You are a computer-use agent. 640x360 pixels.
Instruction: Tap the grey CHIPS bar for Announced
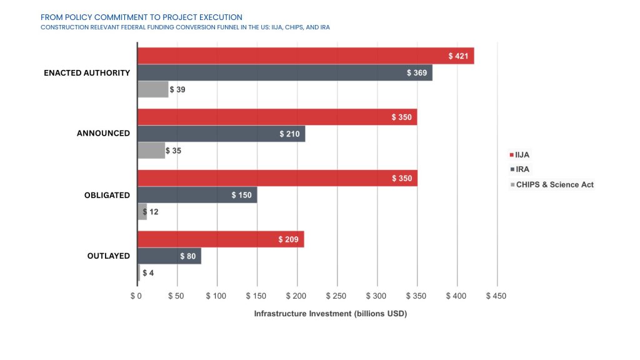(151, 151)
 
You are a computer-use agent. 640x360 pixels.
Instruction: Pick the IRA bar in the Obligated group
(197, 195)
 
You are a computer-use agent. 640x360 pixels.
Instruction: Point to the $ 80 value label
(188, 256)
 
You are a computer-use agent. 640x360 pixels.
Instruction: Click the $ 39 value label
(177, 90)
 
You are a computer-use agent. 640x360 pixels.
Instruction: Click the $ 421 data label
(459, 56)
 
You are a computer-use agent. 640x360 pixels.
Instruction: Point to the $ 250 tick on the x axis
(336, 295)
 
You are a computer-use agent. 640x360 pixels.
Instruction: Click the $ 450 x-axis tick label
(497, 295)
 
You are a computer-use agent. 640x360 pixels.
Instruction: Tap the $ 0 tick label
(137, 295)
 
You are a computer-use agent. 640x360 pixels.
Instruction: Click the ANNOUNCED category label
(103, 134)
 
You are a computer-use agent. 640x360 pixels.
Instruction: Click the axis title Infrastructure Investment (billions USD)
(330, 314)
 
